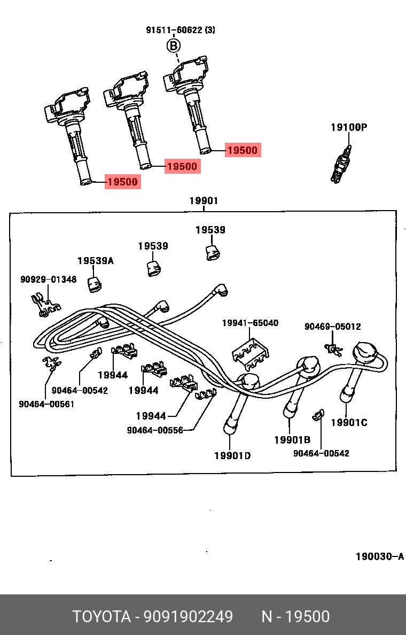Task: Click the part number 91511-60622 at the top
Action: (x=174, y=30)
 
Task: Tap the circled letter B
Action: (x=173, y=46)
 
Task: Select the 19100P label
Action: (x=348, y=127)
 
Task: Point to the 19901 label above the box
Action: (x=204, y=201)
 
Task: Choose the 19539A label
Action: (x=95, y=261)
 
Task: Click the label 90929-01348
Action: (x=48, y=280)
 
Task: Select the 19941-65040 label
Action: (x=250, y=323)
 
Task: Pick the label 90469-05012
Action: (x=332, y=327)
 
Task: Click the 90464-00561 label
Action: (x=46, y=404)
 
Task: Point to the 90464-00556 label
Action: (x=155, y=430)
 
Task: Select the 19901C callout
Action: (x=349, y=423)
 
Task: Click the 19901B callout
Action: (x=292, y=440)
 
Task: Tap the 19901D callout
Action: (x=232, y=455)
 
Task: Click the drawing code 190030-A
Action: (x=380, y=557)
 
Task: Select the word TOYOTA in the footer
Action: (x=101, y=617)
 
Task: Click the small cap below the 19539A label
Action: (x=95, y=285)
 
